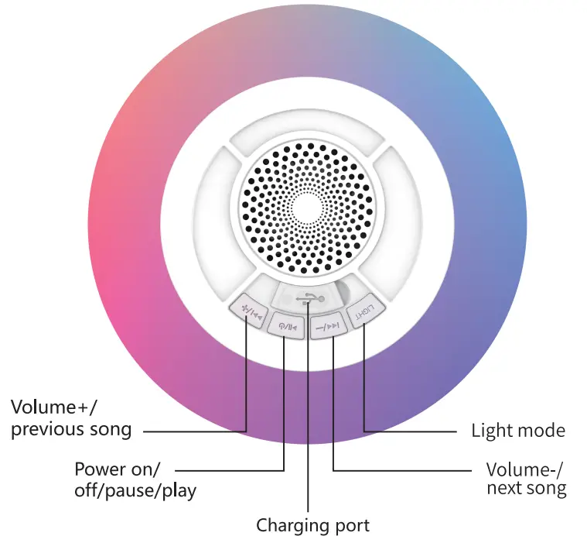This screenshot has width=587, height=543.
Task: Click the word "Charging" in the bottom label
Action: (289, 526)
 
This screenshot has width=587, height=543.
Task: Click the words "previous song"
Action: (71, 428)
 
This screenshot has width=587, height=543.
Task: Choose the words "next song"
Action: (526, 489)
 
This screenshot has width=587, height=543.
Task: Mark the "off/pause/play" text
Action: (135, 490)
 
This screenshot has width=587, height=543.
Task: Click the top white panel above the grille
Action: (308, 137)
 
